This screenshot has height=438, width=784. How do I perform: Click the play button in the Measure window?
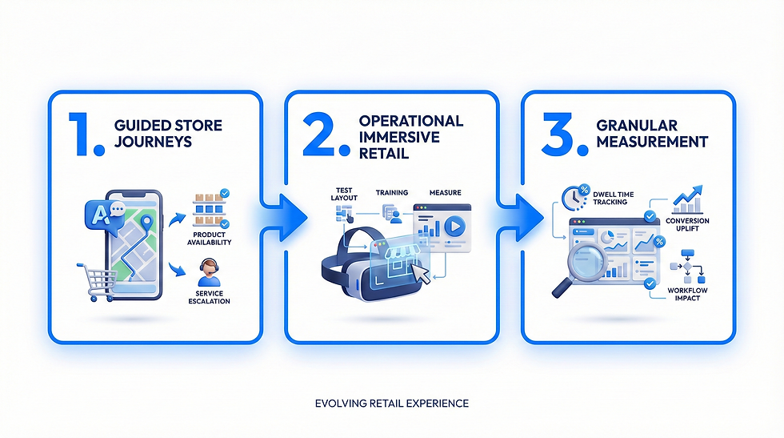pyautogui.click(x=454, y=225)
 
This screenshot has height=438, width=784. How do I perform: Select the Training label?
pyautogui.click(x=391, y=192)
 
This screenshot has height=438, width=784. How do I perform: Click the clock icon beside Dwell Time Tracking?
pyautogui.click(x=576, y=198)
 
